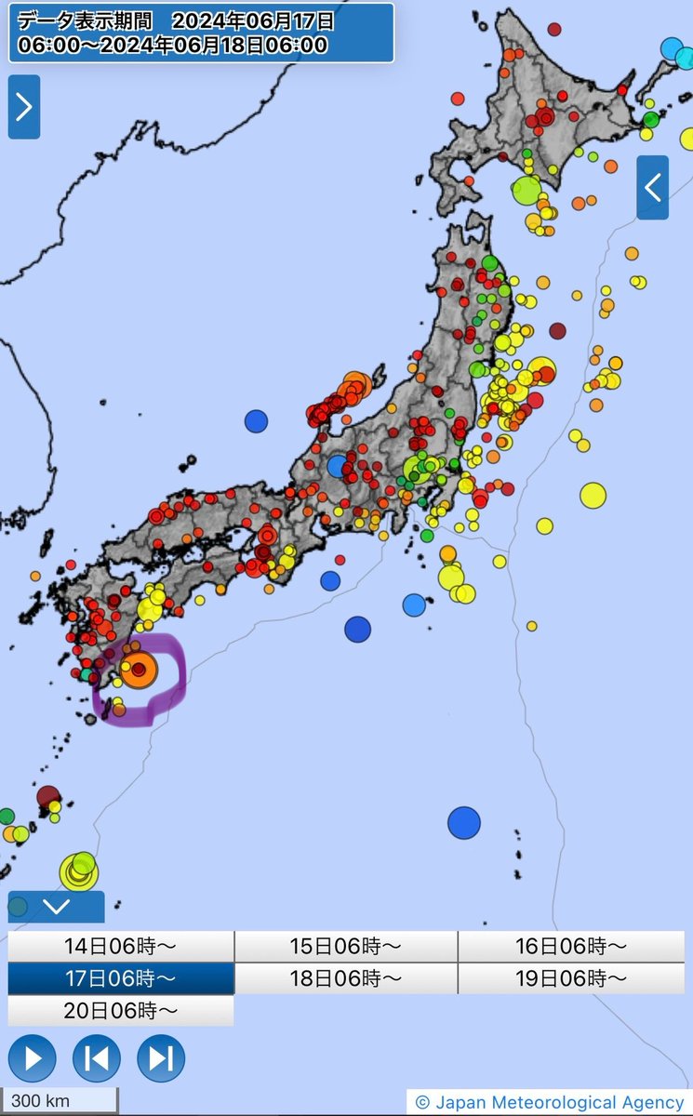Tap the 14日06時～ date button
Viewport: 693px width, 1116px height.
click(120, 947)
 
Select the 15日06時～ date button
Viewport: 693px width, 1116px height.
click(345, 947)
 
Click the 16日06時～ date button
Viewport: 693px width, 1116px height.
click(571, 947)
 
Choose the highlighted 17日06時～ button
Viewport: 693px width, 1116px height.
click(120, 978)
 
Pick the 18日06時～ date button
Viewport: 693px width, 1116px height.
click(345, 978)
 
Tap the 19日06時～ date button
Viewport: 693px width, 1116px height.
click(571, 978)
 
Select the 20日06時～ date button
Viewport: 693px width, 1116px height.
click(120, 1010)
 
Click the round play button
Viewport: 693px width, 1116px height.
click(33, 1058)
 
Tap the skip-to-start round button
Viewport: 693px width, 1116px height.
click(97, 1058)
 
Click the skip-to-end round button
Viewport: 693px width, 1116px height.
click(161, 1058)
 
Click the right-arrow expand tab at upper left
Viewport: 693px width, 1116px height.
click(23, 107)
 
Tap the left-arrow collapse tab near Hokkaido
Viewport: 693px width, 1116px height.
click(652, 188)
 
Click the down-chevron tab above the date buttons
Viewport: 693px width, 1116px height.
click(56, 906)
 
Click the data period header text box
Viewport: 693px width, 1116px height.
click(201, 33)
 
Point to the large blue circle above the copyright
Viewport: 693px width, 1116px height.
click(463, 822)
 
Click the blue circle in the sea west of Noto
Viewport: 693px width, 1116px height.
click(256, 421)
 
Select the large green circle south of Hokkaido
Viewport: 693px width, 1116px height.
click(526, 190)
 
